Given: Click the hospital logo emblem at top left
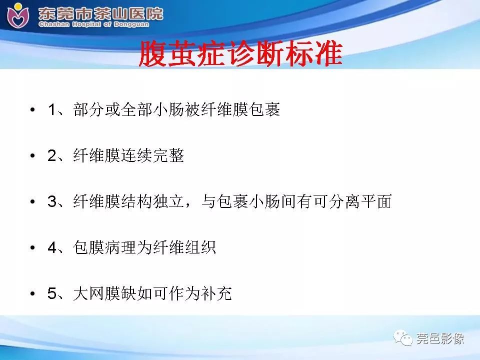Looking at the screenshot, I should tap(18, 15).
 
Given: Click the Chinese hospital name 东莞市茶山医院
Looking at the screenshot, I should tap(100, 12).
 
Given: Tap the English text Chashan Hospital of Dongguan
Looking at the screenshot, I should tap(100, 24).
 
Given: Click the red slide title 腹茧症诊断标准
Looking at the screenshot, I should tap(240, 54).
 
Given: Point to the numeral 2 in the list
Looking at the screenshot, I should tap(52, 156).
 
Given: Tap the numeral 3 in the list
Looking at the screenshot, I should tap(52, 202).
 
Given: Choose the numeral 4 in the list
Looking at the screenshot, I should tap(52, 248).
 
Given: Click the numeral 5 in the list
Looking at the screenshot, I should tap(52, 294).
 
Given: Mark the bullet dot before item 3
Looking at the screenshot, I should tap(33, 202).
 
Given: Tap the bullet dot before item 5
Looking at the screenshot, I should tap(33, 294).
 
